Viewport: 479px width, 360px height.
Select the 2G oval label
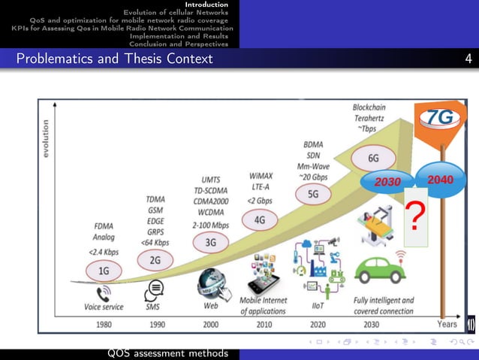tap(155, 260)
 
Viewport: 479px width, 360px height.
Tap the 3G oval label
tap(211, 242)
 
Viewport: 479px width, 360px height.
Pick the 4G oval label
tap(260, 220)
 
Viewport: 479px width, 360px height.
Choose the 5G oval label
tap(314, 193)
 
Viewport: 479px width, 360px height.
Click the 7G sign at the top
tap(440, 118)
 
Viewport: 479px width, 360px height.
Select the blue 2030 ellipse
tap(389, 182)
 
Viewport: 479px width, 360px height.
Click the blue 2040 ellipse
tap(440, 180)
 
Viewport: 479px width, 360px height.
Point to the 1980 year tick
tap(104, 325)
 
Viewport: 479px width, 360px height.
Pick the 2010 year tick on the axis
tap(264, 325)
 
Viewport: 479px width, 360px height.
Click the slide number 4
tap(468, 59)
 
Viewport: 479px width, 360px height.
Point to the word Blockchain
tap(373, 107)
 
